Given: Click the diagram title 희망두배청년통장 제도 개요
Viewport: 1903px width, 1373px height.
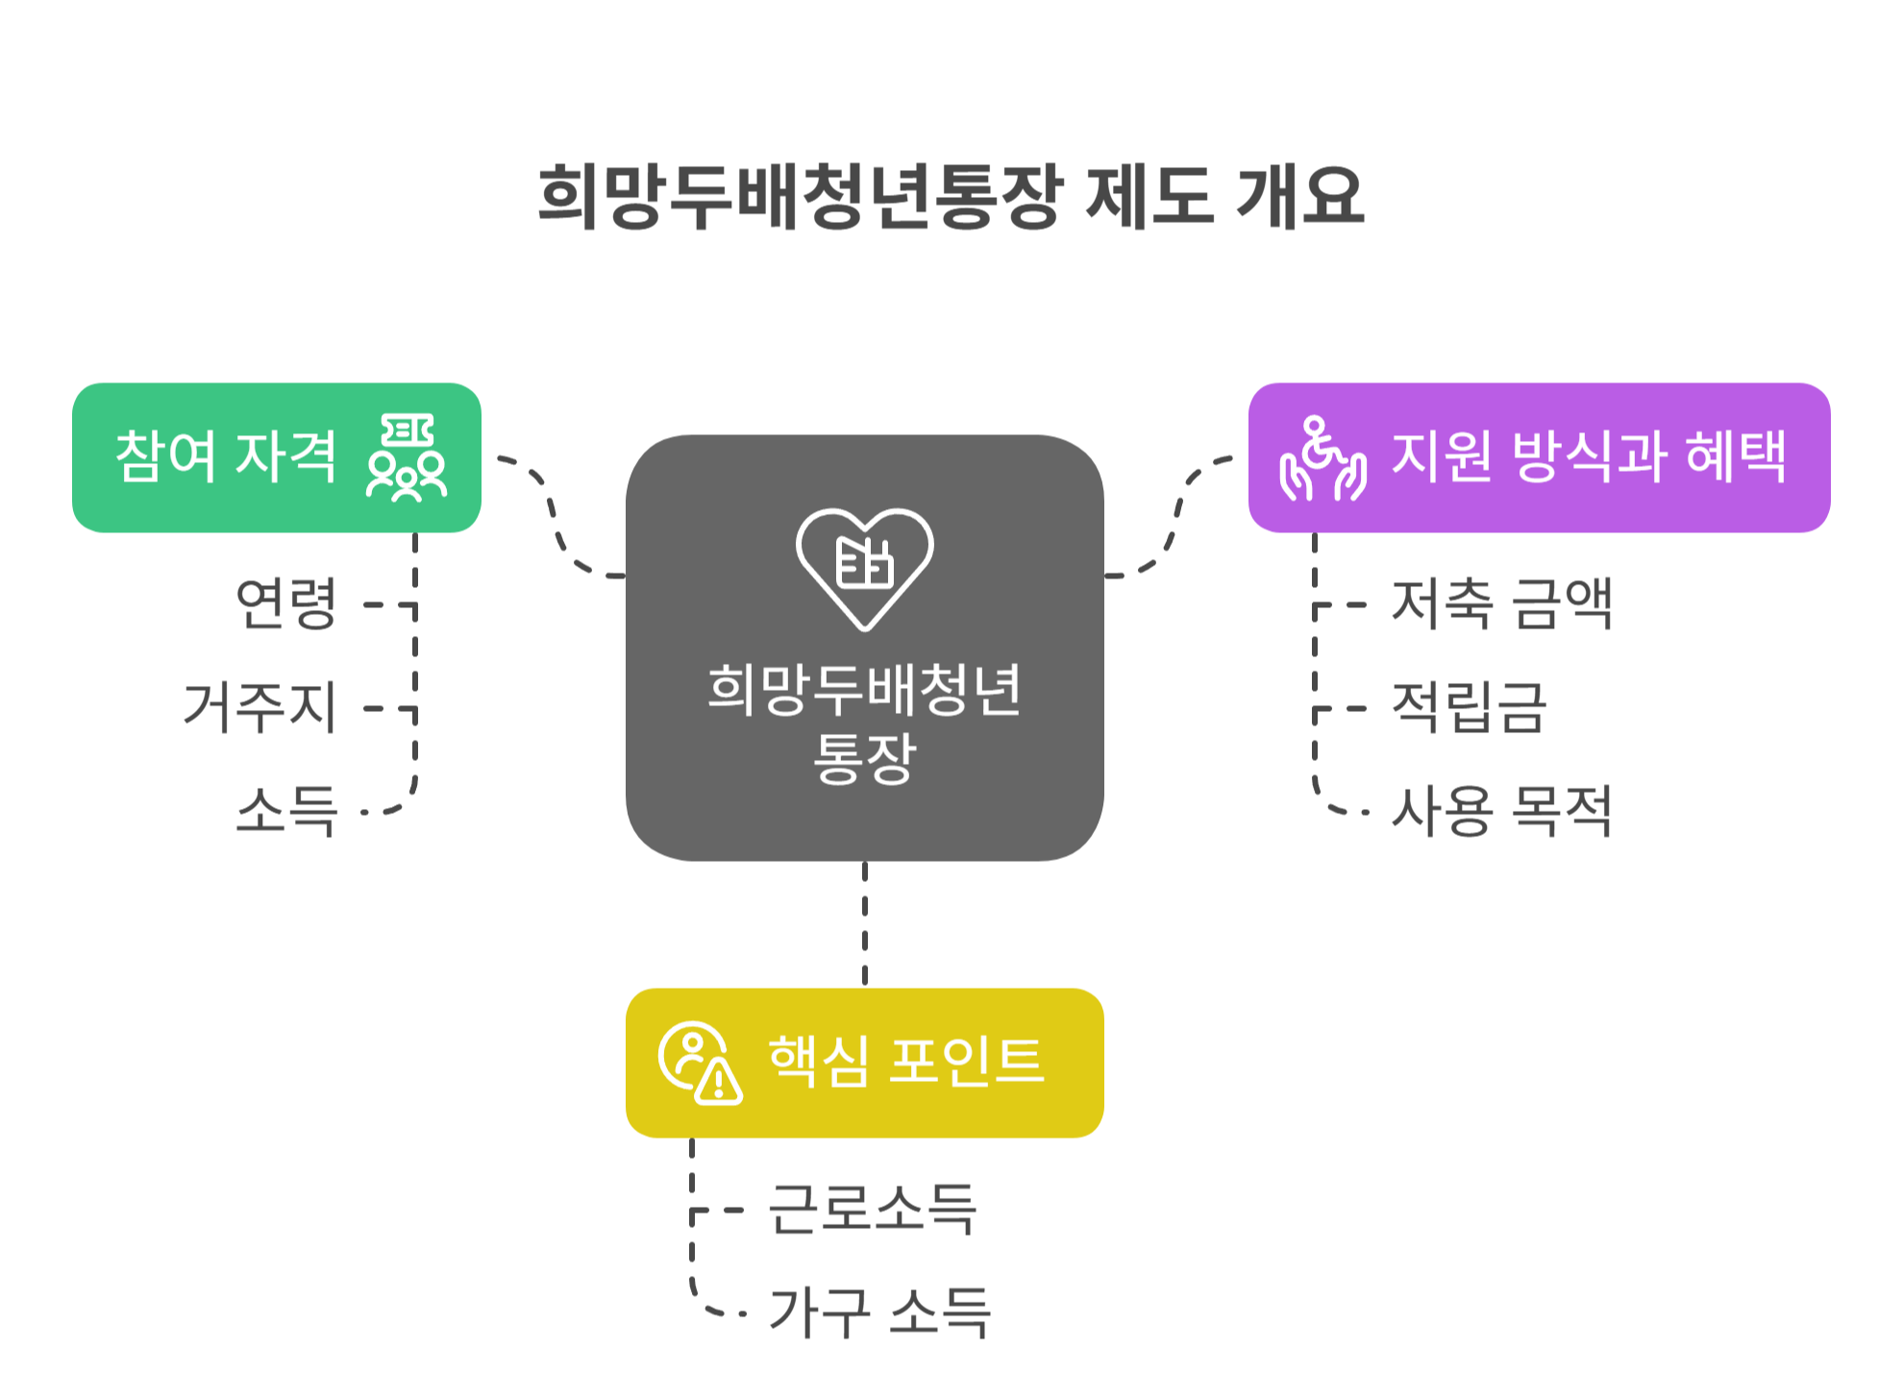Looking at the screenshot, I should tap(951, 197).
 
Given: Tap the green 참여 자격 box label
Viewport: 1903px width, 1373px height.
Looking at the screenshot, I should tap(226, 456).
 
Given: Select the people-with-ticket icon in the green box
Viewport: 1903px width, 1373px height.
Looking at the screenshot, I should tap(407, 457).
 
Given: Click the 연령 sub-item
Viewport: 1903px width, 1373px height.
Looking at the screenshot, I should tap(286, 603).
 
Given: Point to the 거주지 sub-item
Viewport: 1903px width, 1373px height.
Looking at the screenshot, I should tap(260, 707).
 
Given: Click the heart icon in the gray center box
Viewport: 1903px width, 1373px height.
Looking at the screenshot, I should tap(864, 568).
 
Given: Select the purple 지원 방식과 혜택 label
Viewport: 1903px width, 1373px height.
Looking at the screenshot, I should tap(1589, 456).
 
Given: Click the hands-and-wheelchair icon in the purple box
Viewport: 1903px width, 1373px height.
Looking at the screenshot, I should tap(1322, 458).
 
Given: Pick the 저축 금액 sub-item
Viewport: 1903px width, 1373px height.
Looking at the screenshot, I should tap(1501, 603).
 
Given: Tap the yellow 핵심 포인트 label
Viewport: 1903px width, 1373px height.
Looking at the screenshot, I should tap(905, 1062).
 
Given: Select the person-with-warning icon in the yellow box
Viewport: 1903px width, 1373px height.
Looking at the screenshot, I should tap(700, 1063).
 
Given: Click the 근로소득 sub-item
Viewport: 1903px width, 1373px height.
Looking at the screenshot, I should tap(873, 1209).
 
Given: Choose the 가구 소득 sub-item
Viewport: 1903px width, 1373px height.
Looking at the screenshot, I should tap(879, 1312).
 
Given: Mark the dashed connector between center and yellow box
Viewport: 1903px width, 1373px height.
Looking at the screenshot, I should tap(864, 923).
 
